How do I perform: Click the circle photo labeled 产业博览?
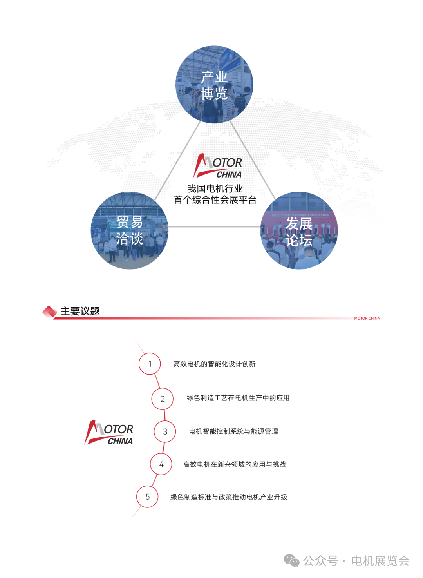[x=214, y=85]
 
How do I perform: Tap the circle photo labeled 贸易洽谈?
[x=130, y=230]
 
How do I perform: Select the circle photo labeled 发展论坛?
[x=299, y=230]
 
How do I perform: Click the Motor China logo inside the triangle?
[x=218, y=166]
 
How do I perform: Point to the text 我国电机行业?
[x=215, y=188]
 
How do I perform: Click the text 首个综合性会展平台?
[x=215, y=200]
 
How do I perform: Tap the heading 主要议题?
[x=80, y=311]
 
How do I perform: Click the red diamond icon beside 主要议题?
[x=50, y=312]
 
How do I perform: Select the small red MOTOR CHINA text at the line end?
[x=367, y=319]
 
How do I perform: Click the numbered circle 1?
[x=150, y=364]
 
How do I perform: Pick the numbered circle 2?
[x=163, y=399]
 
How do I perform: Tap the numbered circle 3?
[x=165, y=431]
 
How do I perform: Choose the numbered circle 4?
[x=161, y=464]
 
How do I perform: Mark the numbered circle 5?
[x=147, y=496]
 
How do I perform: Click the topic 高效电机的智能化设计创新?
[x=214, y=364]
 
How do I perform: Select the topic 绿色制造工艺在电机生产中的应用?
[x=238, y=398]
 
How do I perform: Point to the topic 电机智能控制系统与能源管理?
[x=233, y=431]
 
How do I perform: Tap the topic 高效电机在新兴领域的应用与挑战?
[x=235, y=464]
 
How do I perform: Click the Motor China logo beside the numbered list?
[x=109, y=433]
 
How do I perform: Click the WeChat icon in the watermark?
[x=291, y=561]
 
